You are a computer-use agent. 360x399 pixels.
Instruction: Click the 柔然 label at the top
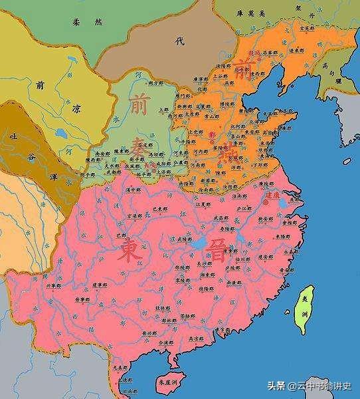(x=88, y=23)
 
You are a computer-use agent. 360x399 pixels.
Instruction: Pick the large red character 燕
(x=228, y=148)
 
